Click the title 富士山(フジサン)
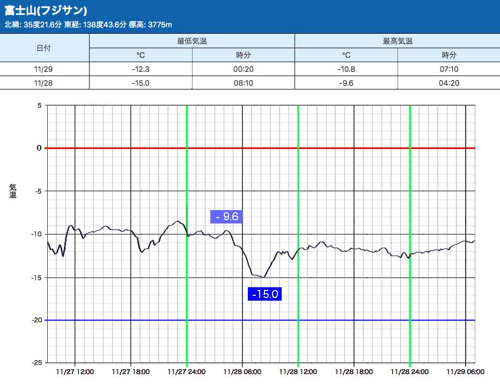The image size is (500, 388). pyautogui.click(x=46, y=11)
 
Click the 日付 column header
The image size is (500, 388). pyautogui.click(x=44, y=48)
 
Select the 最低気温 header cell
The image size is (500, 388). pyautogui.click(x=192, y=41)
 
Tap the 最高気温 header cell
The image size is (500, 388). pyautogui.click(x=398, y=41)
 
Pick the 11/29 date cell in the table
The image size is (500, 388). pyautogui.click(x=44, y=69)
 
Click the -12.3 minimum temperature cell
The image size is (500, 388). pyautogui.click(x=141, y=69)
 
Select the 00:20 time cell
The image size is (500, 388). pyautogui.click(x=244, y=69)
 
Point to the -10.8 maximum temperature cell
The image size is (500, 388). pyautogui.click(x=346, y=69)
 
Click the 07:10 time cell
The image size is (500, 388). pyautogui.click(x=449, y=69)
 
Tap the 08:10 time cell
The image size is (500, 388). pyautogui.click(x=244, y=83)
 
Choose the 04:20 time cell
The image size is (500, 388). pyautogui.click(x=449, y=83)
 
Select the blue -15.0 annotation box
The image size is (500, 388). pyautogui.click(x=264, y=294)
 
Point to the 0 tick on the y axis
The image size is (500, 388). pyautogui.click(x=39, y=148)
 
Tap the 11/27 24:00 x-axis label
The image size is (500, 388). pyautogui.click(x=186, y=371)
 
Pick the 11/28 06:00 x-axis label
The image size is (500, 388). pyautogui.click(x=242, y=371)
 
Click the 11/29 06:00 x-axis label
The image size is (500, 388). pyautogui.click(x=465, y=371)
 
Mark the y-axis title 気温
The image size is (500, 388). pyautogui.click(x=13, y=191)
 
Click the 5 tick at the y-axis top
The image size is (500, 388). pyautogui.click(x=39, y=105)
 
